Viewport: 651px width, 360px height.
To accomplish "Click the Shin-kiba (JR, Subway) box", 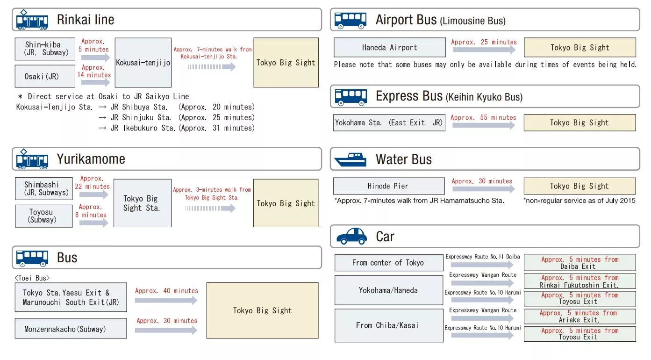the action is click(x=45, y=49).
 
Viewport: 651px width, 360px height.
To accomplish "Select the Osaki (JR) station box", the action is click(x=45, y=76).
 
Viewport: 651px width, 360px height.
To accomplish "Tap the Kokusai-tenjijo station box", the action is click(x=143, y=63).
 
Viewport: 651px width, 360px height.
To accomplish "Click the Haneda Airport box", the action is click(x=389, y=47).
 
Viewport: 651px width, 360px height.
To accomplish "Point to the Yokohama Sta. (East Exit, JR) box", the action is click(x=389, y=122).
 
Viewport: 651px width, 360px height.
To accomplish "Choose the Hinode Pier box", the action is click(x=389, y=186).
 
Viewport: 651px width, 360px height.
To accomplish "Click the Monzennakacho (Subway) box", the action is click(x=71, y=329).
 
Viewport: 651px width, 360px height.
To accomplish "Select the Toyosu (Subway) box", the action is click(x=44, y=216).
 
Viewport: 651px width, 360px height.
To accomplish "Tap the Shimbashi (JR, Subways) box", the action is click(x=44, y=189).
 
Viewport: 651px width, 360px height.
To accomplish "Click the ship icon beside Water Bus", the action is click(x=350, y=159).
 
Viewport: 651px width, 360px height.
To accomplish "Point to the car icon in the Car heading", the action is click(x=351, y=236).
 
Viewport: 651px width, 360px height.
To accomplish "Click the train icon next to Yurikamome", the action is click(x=32, y=159).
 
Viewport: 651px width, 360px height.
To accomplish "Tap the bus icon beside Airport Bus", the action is click(x=350, y=21).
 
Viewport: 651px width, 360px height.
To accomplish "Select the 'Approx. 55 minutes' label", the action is click(x=483, y=117).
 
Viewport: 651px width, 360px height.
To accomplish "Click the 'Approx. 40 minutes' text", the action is click(x=166, y=291).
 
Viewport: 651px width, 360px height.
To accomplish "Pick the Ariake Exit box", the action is click(x=580, y=317).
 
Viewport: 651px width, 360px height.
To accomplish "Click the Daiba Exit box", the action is click(x=580, y=263).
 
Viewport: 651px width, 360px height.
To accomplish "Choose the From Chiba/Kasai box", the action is click(x=389, y=325).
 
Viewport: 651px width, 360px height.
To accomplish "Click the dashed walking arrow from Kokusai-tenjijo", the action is click(x=212, y=67).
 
